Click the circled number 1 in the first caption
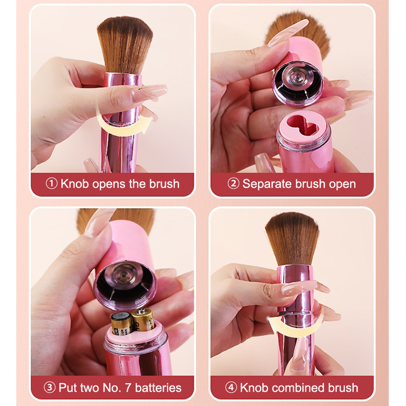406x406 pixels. coord(52,184)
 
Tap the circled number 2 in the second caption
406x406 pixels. coord(233,184)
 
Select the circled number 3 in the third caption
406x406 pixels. coord(49,388)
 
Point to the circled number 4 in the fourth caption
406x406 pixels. coord(231,388)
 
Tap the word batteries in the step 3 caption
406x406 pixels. coord(158,388)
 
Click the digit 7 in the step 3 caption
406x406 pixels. coord(128,388)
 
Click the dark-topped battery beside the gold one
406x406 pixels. coord(122,324)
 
